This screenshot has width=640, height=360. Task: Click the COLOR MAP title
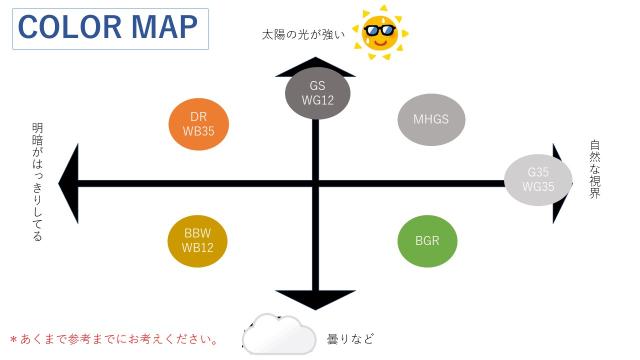(x=109, y=28)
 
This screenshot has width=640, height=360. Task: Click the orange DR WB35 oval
(x=199, y=124)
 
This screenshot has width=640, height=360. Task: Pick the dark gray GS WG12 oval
(x=317, y=93)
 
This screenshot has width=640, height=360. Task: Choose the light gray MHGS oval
(x=431, y=119)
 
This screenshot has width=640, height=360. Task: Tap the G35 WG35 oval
(x=539, y=179)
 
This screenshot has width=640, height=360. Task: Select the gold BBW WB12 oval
(x=198, y=241)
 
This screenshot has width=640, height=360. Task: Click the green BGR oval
(x=434, y=241)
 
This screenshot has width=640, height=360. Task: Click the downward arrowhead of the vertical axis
(x=316, y=298)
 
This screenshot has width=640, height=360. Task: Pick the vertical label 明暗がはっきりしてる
(x=38, y=182)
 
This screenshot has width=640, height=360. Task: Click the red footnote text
(x=114, y=339)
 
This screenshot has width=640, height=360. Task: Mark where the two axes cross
(x=316, y=183)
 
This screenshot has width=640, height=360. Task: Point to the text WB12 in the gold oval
(x=198, y=248)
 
